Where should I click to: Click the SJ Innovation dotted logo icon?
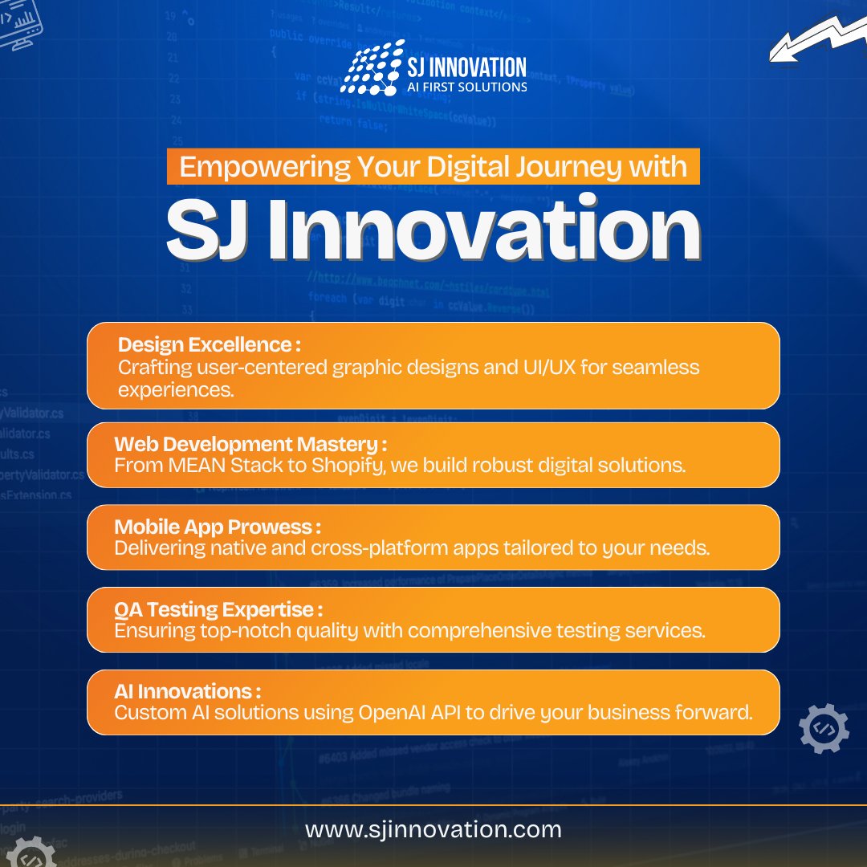click(371, 67)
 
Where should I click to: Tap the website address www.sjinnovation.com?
click(433, 829)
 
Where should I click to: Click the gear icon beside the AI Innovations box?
click(824, 728)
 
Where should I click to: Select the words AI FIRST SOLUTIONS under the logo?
click(469, 86)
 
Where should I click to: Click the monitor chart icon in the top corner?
click(19, 23)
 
